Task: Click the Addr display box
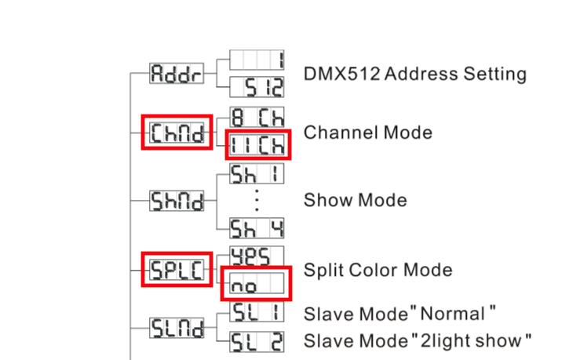pos(176,75)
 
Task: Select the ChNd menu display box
pos(177,133)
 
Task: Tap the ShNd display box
pos(177,201)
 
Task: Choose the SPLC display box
pos(177,270)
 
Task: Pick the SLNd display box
pos(177,326)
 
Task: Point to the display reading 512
pos(257,87)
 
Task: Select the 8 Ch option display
pos(257,118)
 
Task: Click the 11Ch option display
pos(257,144)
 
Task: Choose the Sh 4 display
pos(257,228)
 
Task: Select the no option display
pos(257,283)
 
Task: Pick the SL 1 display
pos(257,314)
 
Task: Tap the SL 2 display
pos(257,341)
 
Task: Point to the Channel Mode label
pos(367,132)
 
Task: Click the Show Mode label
pos(355,200)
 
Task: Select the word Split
pos(322,270)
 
